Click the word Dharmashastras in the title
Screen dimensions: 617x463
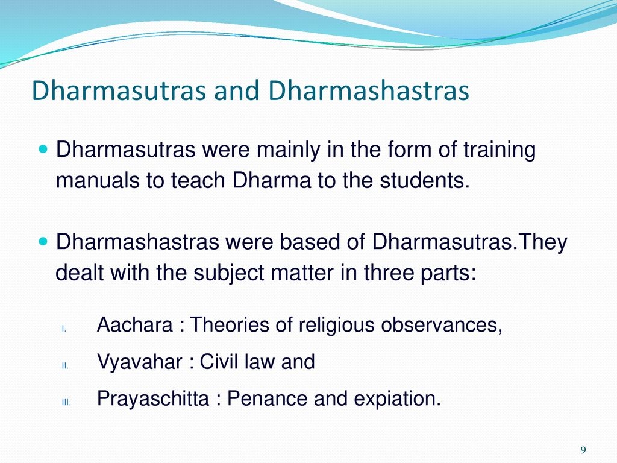point(369,90)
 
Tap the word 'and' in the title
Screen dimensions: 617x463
point(236,90)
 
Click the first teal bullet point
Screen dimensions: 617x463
point(43,150)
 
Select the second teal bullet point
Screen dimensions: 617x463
point(43,241)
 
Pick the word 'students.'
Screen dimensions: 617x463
point(425,181)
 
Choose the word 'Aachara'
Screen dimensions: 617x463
point(134,325)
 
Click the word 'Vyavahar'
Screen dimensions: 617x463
point(140,362)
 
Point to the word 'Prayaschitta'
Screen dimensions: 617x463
point(153,398)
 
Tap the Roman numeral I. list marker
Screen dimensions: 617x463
point(64,329)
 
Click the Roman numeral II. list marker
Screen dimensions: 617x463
point(65,366)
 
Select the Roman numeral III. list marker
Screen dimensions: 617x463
point(66,402)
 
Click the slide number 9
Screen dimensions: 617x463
point(583,450)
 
